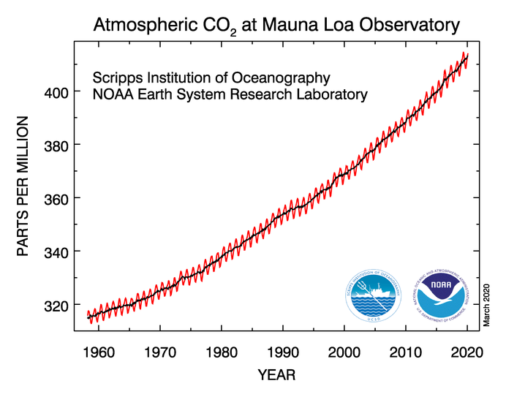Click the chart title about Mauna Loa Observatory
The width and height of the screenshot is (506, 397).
click(277, 26)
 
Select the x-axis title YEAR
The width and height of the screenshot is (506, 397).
click(277, 375)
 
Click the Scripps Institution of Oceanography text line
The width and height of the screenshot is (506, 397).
click(211, 77)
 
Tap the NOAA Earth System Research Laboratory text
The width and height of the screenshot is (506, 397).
click(230, 95)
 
